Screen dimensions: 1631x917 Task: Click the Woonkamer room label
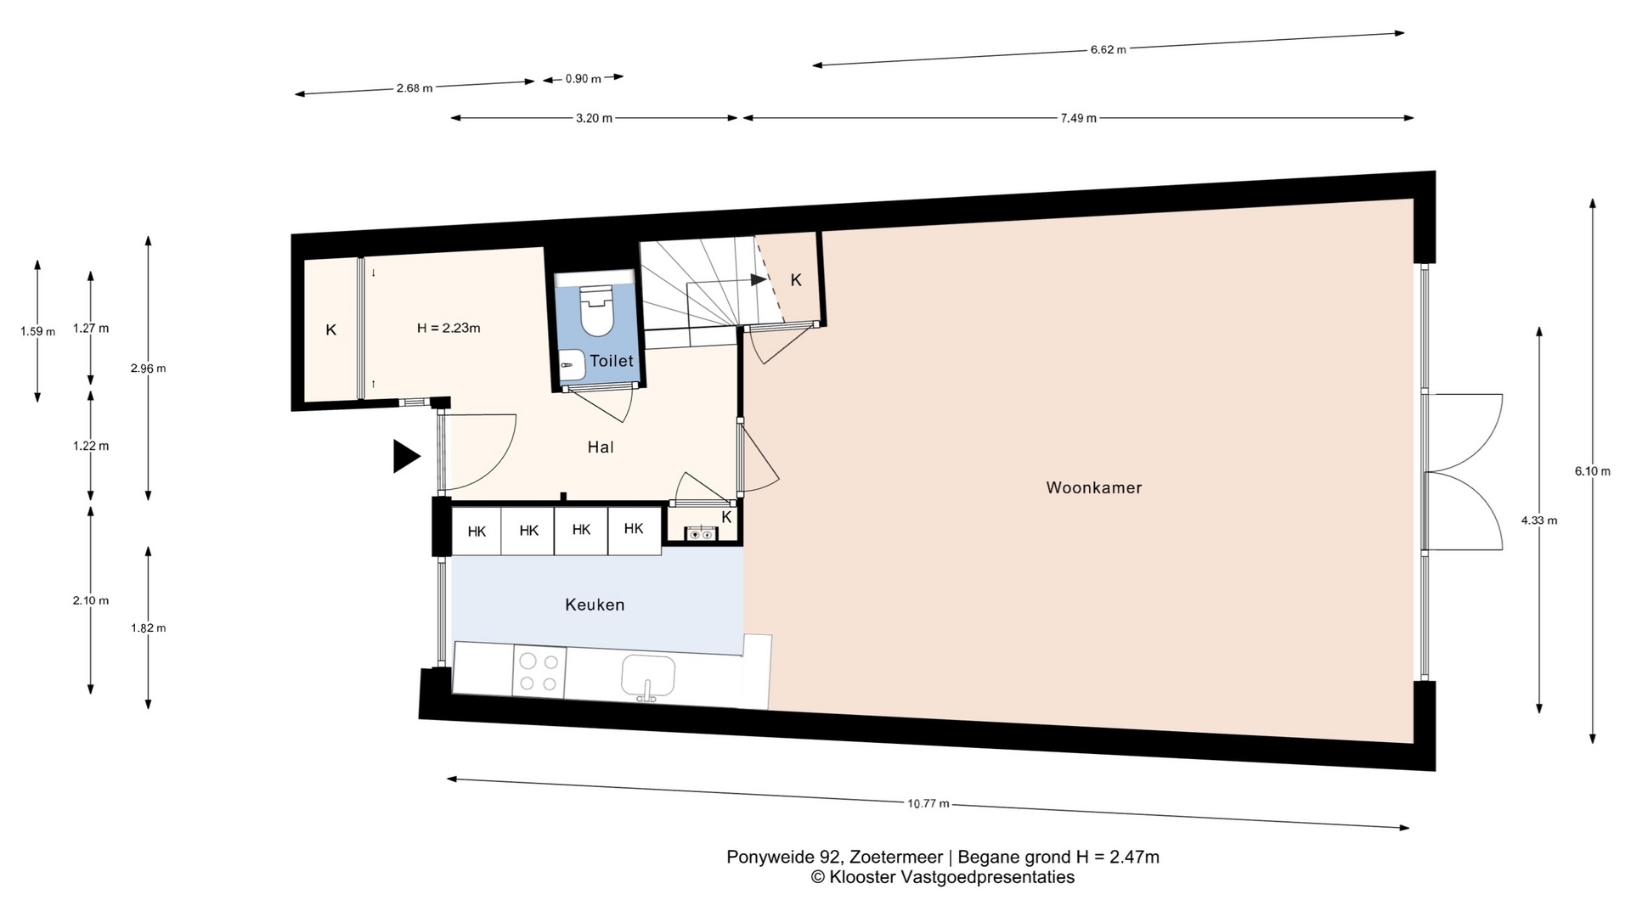(x=1093, y=487)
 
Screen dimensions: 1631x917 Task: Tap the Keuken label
(x=595, y=605)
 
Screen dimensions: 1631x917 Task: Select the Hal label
(x=601, y=447)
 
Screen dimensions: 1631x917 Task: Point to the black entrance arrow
(x=406, y=456)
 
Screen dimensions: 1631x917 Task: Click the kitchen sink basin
(x=648, y=676)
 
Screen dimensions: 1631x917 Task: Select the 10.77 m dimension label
(x=928, y=803)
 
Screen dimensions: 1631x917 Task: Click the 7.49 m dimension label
(x=1078, y=118)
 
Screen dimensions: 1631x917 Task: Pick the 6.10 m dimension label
(x=1593, y=471)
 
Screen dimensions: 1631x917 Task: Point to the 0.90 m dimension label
(x=584, y=79)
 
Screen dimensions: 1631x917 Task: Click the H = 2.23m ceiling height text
(x=449, y=328)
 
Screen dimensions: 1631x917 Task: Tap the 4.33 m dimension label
(x=1539, y=520)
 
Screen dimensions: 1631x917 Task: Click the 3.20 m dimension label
(x=594, y=118)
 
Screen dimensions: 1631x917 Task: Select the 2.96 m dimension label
(x=148, y=368)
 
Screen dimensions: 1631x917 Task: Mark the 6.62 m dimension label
(x=1109, y=49)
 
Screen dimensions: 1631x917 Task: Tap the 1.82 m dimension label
(x=148, y=628)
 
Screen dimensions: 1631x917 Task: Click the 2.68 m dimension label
(x=415, y=87)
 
